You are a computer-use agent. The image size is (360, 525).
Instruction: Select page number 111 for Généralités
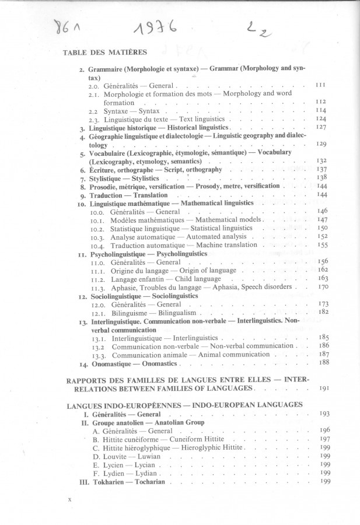[320, 85]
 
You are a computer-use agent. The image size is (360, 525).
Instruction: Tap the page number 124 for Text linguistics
[320, 118]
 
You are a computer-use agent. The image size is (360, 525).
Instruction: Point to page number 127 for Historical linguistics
[320, 127]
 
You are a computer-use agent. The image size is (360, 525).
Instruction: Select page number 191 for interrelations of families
[325, 388]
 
